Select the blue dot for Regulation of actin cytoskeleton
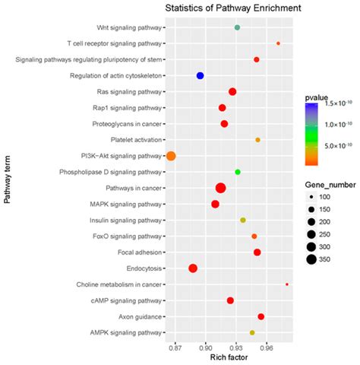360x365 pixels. click(201, 75)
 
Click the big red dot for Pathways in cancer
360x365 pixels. click(221, 188)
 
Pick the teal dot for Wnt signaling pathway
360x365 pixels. click(238, 27)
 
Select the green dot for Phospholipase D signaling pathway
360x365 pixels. click(238, 172)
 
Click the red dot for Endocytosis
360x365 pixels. click(193, 268)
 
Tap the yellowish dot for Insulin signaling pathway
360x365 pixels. click(243, 220)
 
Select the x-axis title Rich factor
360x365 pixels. click(229, 357)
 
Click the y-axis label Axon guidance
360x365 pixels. click(140, 316)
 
